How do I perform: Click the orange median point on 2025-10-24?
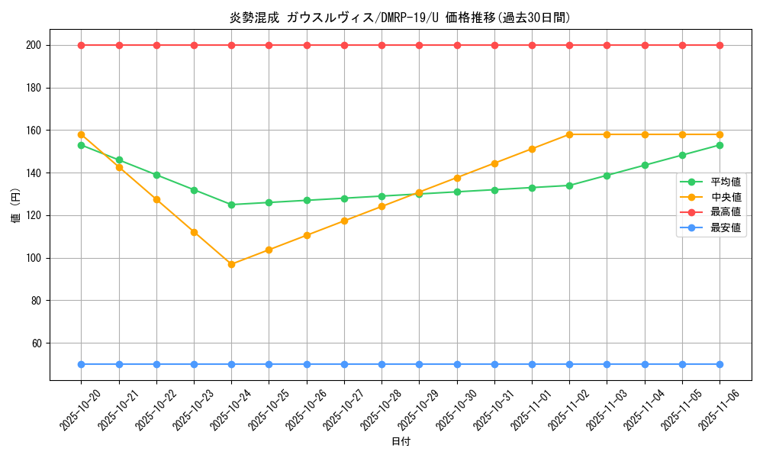point(231,264)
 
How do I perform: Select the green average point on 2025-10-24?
point(231,205)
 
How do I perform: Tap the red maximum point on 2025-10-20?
point(81,45)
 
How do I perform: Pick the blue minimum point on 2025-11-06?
point(720,364)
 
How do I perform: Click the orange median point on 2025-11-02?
point(569,134)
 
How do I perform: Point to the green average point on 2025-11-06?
point(720,145)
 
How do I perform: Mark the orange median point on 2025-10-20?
point(81,134)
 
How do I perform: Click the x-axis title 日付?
point(401,442)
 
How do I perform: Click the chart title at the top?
point(401,18)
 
